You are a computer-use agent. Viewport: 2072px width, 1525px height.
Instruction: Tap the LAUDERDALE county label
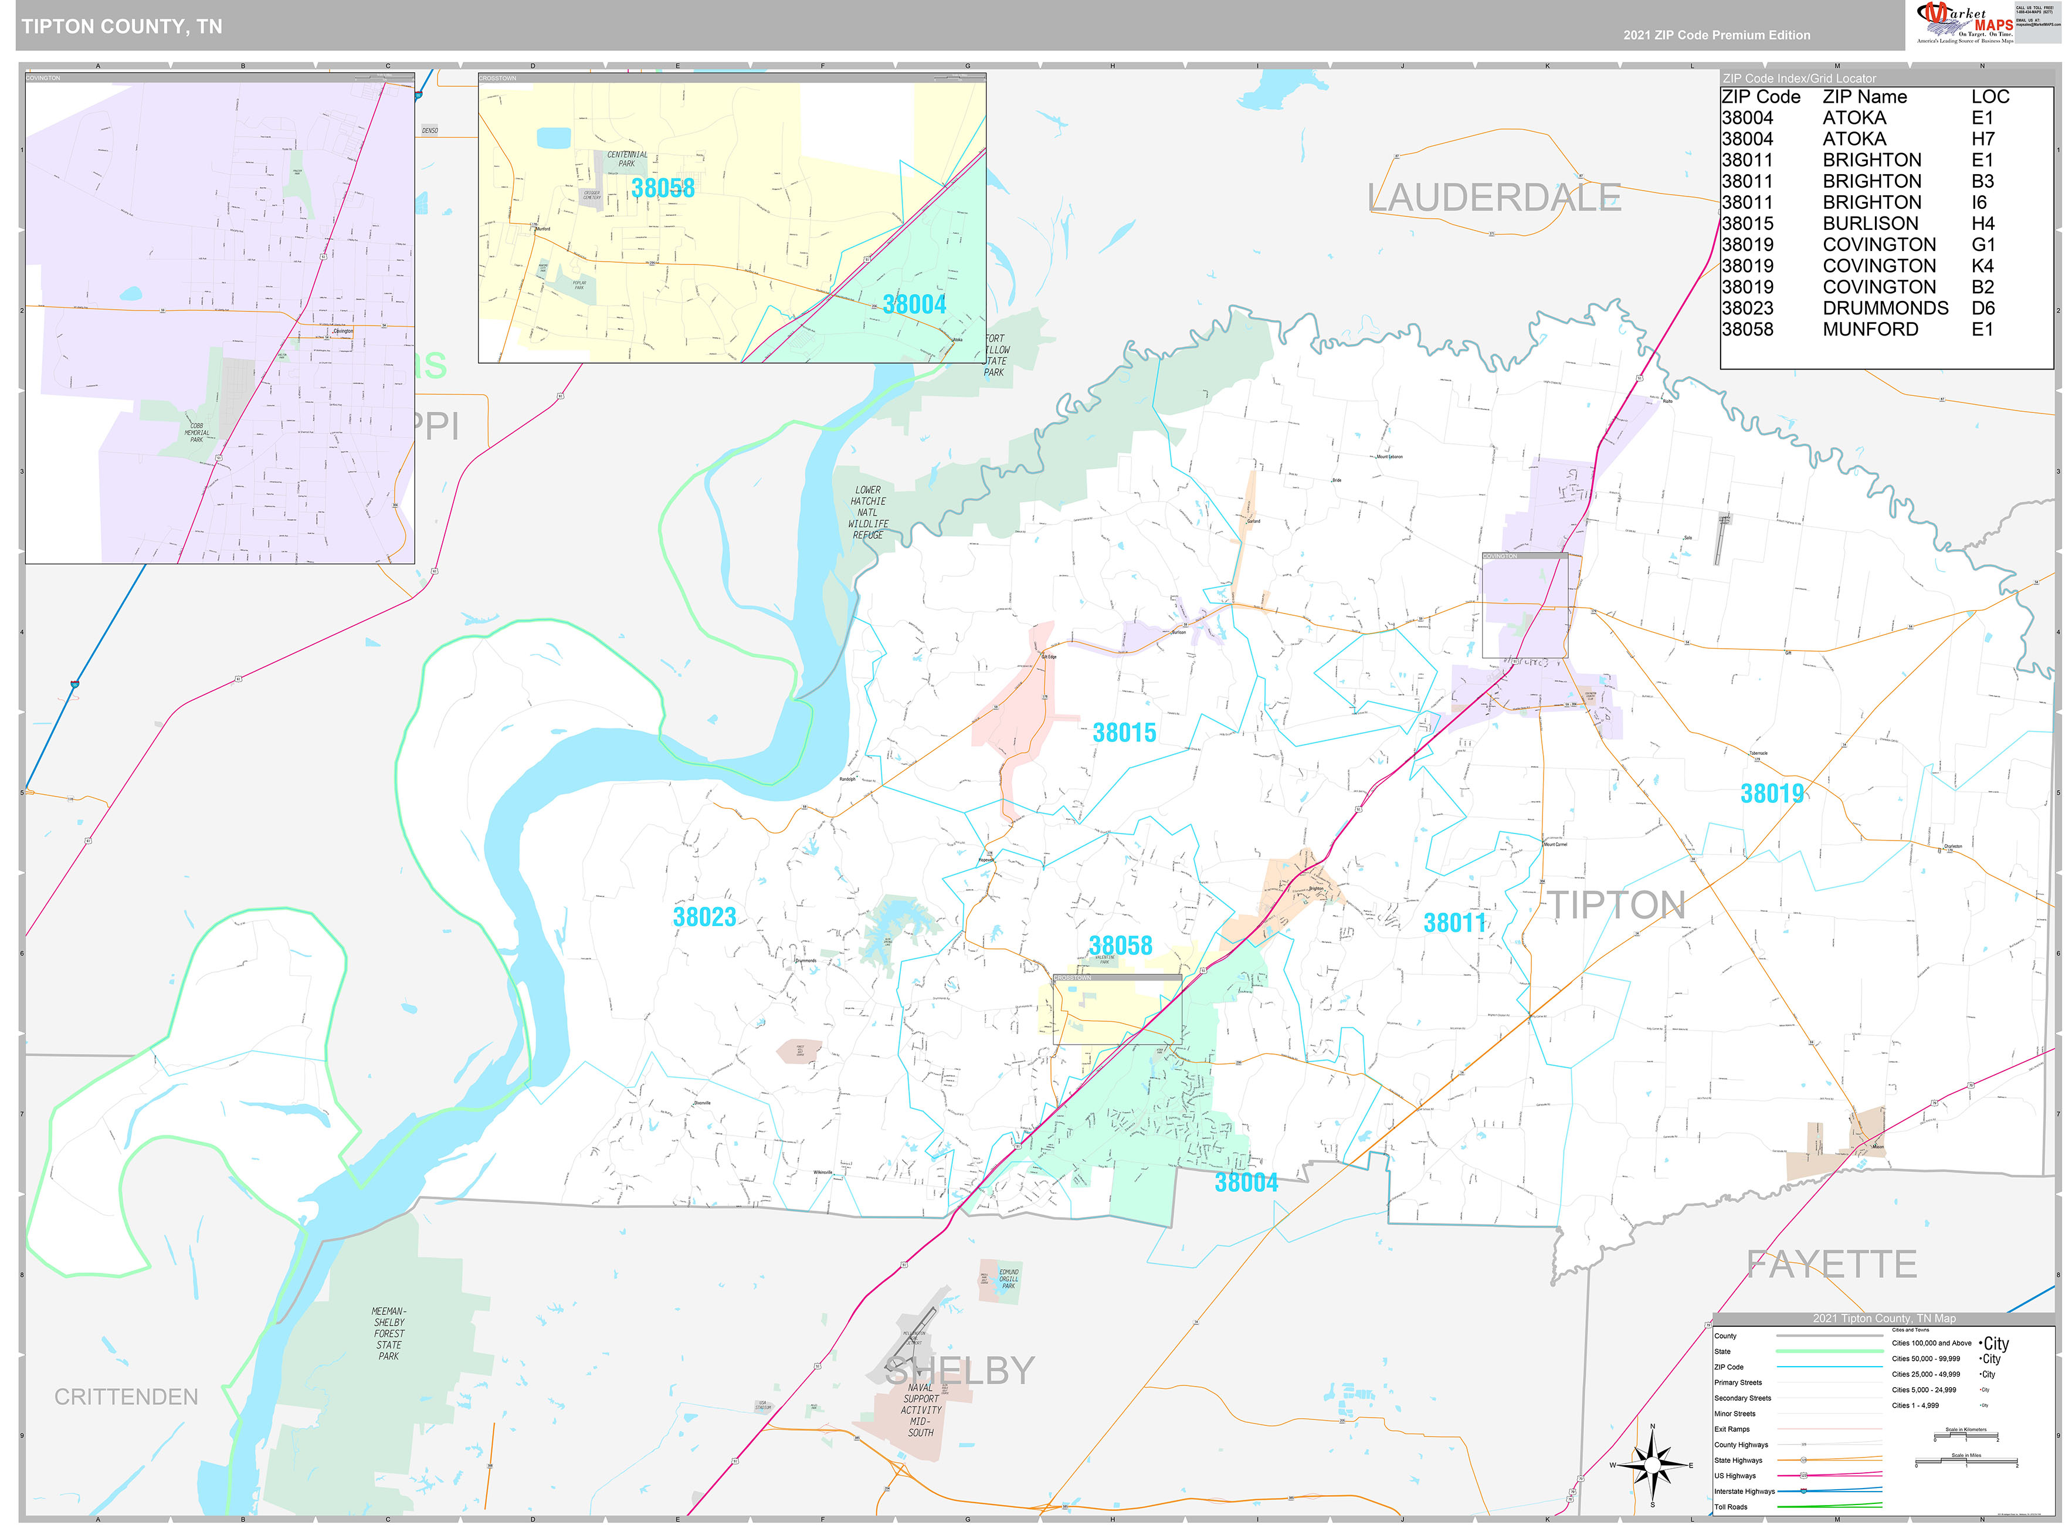[x=1493, y=198]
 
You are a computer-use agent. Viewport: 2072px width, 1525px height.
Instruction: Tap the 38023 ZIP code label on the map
[x=704, y=917]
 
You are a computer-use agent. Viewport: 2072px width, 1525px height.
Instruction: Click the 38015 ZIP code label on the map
[x=1123, y=733]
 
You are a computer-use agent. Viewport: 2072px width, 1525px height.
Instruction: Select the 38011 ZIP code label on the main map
[x=1454, y=923]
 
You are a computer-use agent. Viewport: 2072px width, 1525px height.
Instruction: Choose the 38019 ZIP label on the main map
[x=1771, y=794]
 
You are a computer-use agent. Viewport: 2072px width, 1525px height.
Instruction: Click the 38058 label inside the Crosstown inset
[x=663, y=188]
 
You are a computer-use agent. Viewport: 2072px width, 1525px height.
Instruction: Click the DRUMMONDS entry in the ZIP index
[x=1885, y=309]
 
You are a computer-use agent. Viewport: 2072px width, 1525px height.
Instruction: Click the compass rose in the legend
[x=1652, y=1465]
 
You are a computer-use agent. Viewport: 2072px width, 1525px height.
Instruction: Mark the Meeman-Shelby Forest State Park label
[x=389, y=1333]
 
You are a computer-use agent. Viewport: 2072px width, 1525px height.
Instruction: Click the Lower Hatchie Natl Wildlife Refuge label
[x=867, y=512]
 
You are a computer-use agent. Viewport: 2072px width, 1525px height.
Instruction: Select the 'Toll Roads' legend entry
[x=1731, y=1507]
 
